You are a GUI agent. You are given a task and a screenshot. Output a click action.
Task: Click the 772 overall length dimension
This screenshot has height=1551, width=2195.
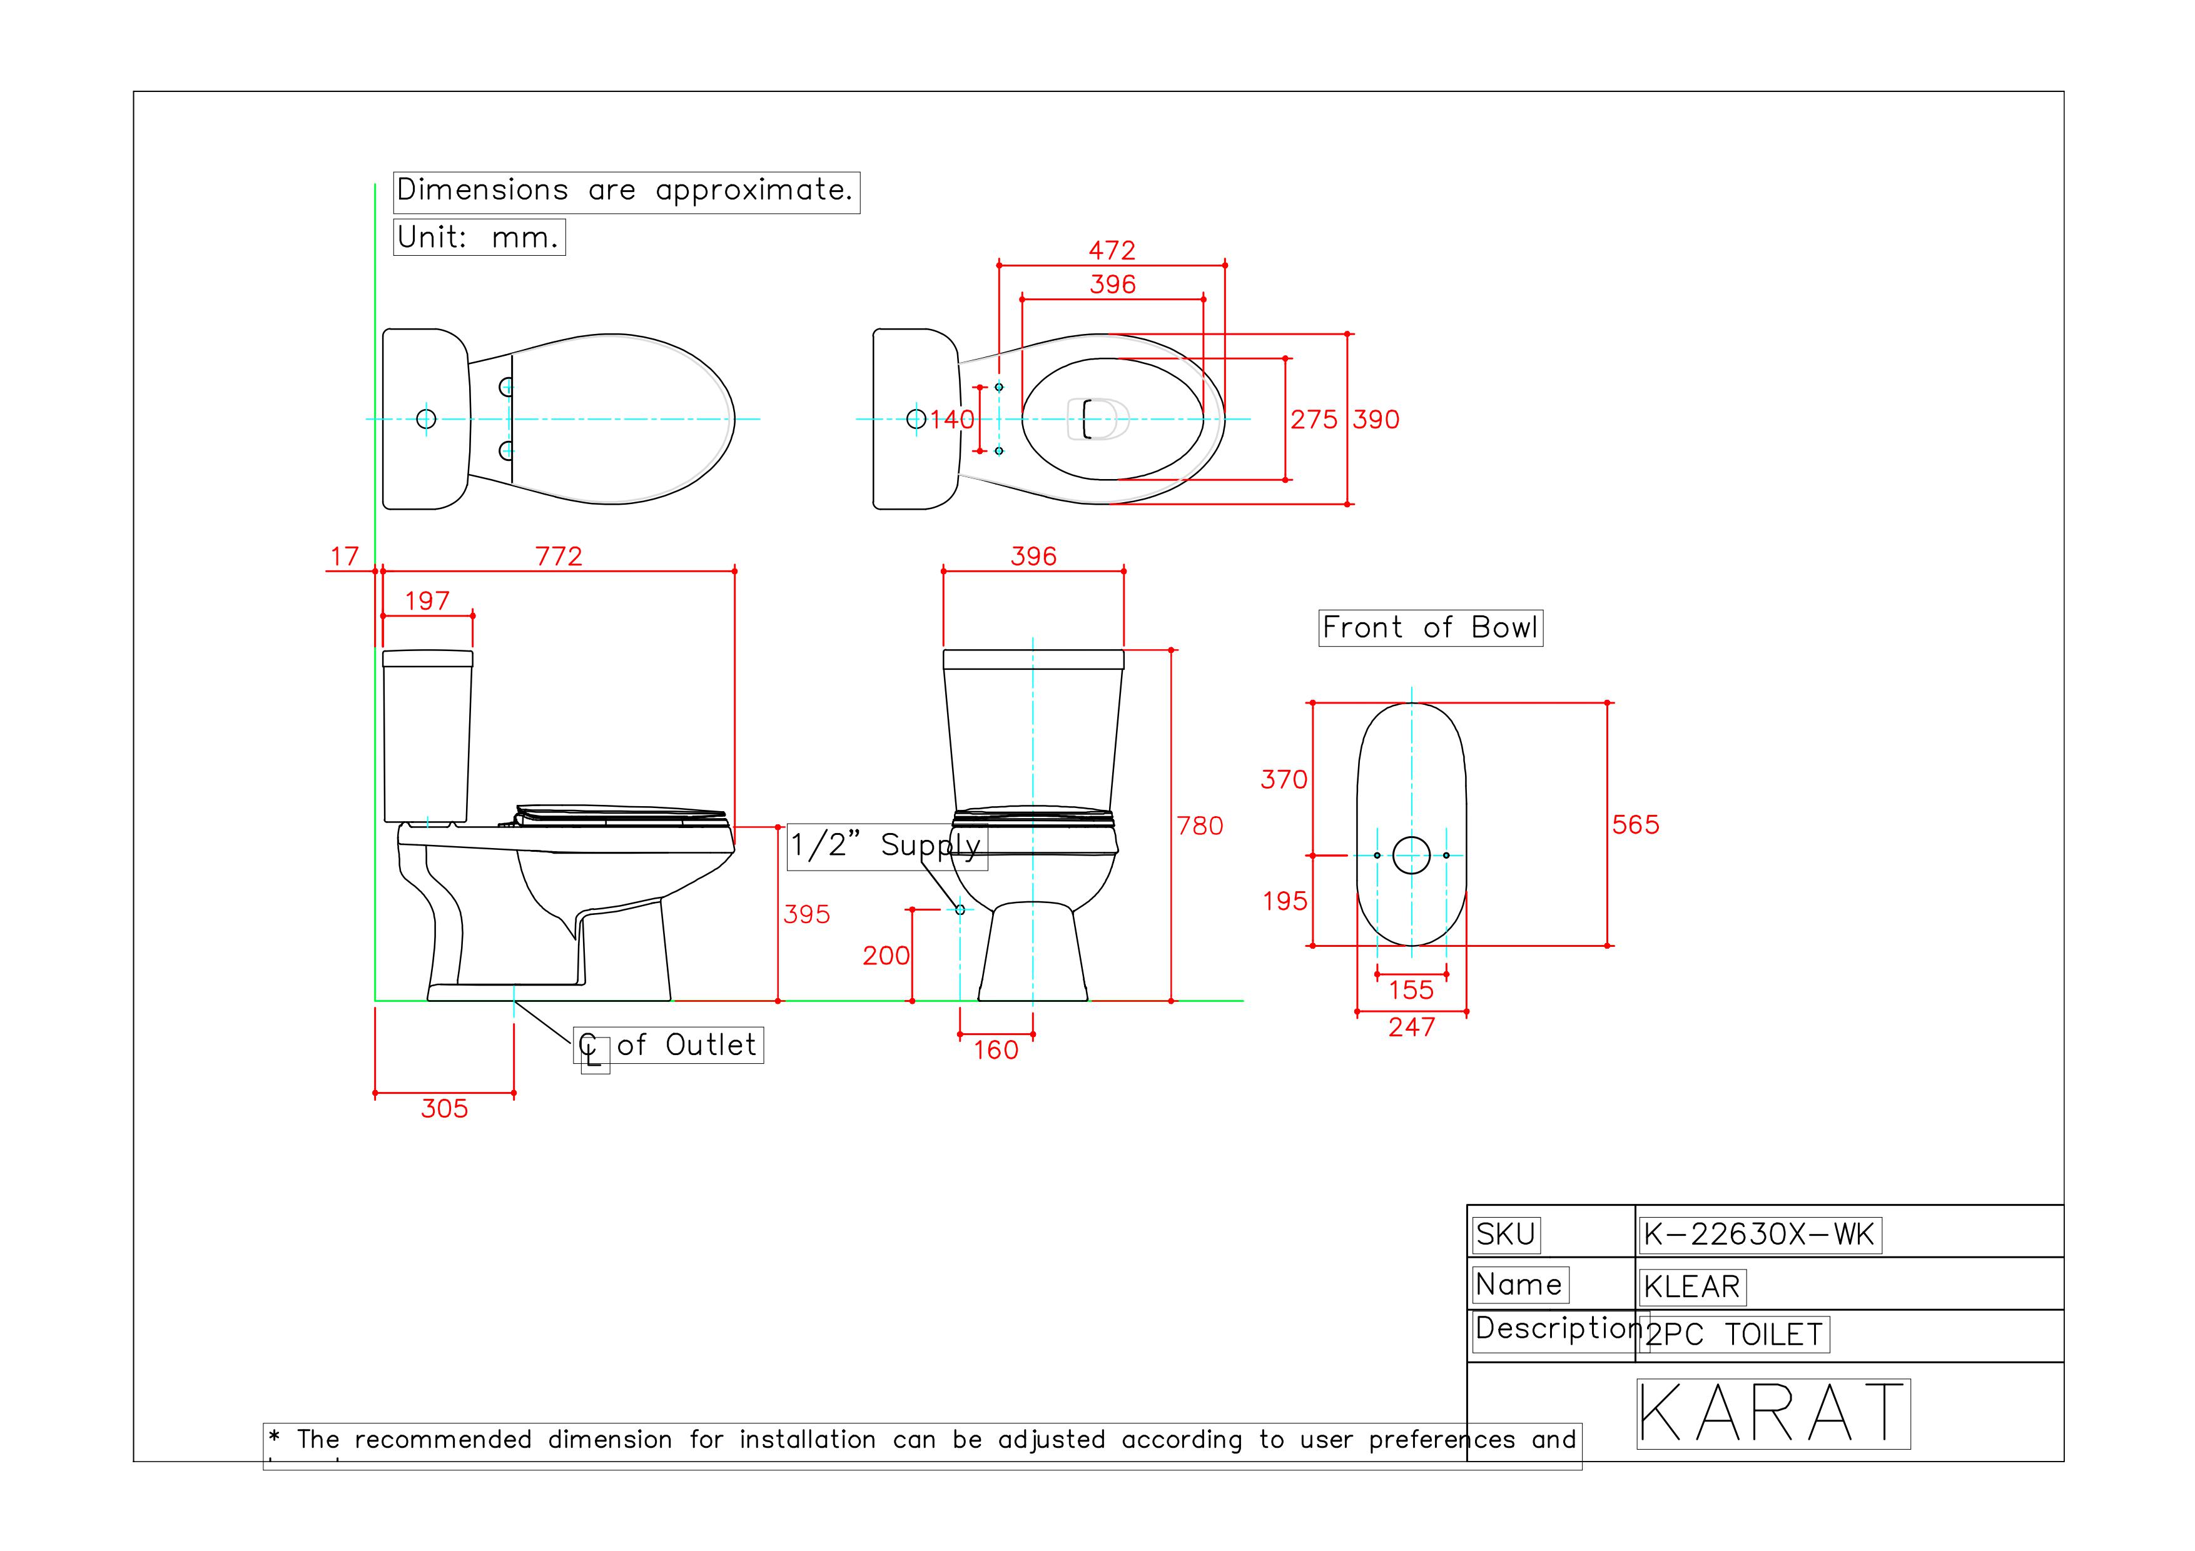(x=559, y=556)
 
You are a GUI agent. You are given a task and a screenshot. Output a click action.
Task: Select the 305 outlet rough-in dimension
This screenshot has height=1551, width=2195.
(x=445, y=1109)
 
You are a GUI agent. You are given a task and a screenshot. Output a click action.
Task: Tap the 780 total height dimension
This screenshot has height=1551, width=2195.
(x=1200, y=826)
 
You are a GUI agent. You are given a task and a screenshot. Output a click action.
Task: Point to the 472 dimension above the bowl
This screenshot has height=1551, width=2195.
(x=1112, y=250)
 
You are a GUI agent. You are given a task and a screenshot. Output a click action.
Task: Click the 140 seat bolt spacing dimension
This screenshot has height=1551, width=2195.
(x=952, y=420)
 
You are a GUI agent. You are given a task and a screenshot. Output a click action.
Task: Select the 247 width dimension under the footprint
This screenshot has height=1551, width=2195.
(x=1411, y=1028)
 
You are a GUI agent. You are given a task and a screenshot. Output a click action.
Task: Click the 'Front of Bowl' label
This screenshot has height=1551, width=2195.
(x=1429, y=628)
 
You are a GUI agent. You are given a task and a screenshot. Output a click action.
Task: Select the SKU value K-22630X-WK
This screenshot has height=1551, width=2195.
(x=1758, y=1235)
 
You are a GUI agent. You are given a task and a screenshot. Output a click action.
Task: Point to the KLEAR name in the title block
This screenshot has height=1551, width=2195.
(x=1691, y=1286)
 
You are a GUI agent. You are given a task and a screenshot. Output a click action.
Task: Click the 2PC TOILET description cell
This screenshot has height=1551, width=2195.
(x=1733, y=1334)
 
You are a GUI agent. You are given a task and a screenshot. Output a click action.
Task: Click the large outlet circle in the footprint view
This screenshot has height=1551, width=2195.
(x=1411, y=856)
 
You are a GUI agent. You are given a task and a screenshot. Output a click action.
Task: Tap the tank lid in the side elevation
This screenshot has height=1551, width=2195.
(x=427, y=659)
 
